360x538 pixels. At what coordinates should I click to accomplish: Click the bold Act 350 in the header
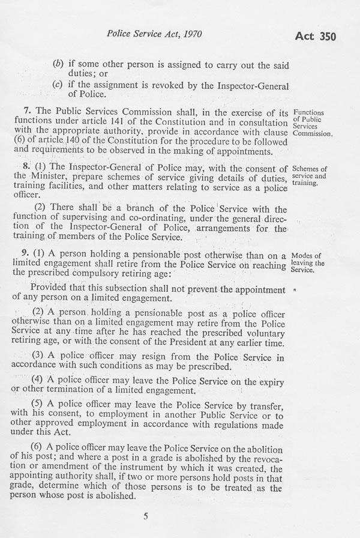coord(316,36)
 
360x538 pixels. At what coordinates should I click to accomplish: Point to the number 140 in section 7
coord(86,142)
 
